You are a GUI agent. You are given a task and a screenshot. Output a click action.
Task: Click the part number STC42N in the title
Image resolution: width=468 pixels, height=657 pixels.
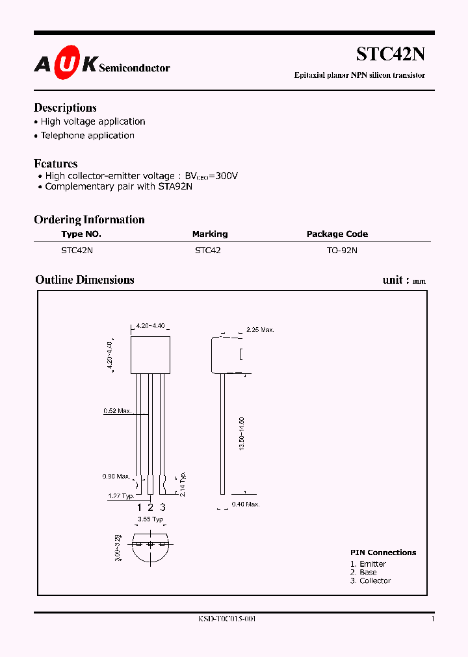[390, 55]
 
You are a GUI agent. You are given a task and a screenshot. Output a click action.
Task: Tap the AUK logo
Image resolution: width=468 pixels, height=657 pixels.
[66, 64]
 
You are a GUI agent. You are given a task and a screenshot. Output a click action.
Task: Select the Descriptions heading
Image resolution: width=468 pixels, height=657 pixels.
[65, 108]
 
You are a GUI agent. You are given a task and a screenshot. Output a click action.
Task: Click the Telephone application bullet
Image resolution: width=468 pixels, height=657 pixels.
[87, 136]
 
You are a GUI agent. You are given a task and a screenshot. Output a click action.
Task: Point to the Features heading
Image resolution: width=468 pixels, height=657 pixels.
[55, 164]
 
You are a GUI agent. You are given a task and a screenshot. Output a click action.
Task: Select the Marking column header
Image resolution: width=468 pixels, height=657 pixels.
[209, 234]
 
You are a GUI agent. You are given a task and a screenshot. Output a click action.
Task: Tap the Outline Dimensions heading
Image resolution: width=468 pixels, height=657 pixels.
[84, 280]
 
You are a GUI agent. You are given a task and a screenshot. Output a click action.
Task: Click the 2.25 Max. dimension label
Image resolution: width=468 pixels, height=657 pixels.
[260, 330]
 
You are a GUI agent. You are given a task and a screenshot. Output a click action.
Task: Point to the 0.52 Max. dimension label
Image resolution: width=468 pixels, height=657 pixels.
[118, 411]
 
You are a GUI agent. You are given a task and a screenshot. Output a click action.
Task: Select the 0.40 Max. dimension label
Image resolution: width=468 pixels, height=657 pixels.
[246, 504]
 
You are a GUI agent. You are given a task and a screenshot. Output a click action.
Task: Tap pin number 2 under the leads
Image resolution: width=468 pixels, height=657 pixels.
[150, 508]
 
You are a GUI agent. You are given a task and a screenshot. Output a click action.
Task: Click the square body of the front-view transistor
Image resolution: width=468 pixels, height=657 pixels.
[150, 354]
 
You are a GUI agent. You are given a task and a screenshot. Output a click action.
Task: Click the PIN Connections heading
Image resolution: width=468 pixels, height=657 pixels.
[383, 552]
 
